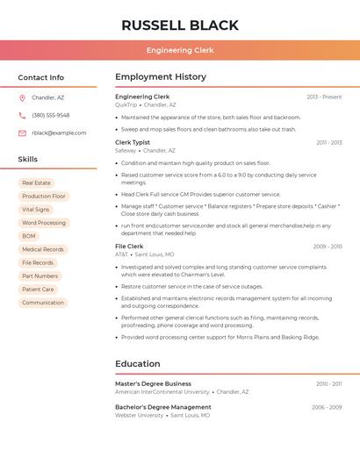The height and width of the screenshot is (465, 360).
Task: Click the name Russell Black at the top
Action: click(180, 25)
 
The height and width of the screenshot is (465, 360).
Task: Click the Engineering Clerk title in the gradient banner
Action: click(180, 50)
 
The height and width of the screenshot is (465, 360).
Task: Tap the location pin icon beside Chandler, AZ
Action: click(22, 97)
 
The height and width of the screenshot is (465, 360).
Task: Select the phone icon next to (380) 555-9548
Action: click(22, 115)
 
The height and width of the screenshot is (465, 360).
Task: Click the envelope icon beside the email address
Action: click(22, 132)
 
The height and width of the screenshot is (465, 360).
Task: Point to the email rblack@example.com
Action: click(59, 132)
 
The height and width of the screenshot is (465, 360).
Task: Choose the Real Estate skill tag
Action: click(36, 182)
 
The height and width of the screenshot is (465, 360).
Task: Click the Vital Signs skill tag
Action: click(36, 210)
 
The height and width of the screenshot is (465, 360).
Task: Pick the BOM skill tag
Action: click(29, 236)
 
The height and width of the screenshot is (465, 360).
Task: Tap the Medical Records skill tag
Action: click(43, 249)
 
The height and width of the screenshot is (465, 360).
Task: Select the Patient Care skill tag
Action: click(38, 289)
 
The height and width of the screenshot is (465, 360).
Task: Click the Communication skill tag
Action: click(43, 303)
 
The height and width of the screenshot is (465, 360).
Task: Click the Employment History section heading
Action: click(160, 77)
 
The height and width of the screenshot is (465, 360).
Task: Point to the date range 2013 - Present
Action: click(324, 97)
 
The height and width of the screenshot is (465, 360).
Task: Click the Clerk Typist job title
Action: click(133, 142)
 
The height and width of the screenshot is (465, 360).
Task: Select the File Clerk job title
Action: click(129, 247)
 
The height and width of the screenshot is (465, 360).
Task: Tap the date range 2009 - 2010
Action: click(328, 247)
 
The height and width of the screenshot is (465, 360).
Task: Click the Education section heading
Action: click(138, 363)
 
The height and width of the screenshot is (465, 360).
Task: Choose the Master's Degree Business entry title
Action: click(153, 383)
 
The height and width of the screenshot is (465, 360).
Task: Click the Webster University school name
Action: click(139, 415)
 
